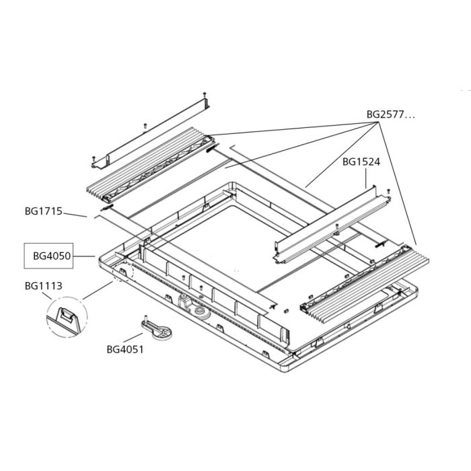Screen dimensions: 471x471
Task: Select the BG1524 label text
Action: (360, 161)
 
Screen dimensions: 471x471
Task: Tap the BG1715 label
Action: (43, 211)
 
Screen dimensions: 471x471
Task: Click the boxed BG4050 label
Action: (48, 256)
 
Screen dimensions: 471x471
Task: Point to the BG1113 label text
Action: (43, 286)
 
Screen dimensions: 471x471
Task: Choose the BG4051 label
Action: (125, 349)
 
